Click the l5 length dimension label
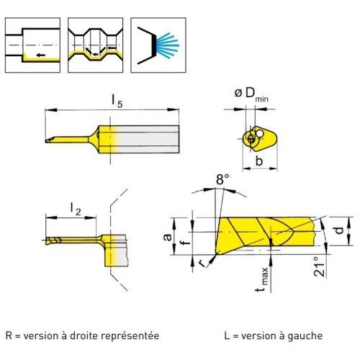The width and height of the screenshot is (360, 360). pos(117,102)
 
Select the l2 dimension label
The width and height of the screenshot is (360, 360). pos(76,209)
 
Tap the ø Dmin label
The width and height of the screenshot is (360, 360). pos(251,94)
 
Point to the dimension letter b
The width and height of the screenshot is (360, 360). pos(259,161)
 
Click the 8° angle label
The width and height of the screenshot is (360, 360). pos(222,179)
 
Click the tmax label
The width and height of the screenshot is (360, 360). pos(261,279)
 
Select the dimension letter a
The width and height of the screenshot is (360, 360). pos(168,237)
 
